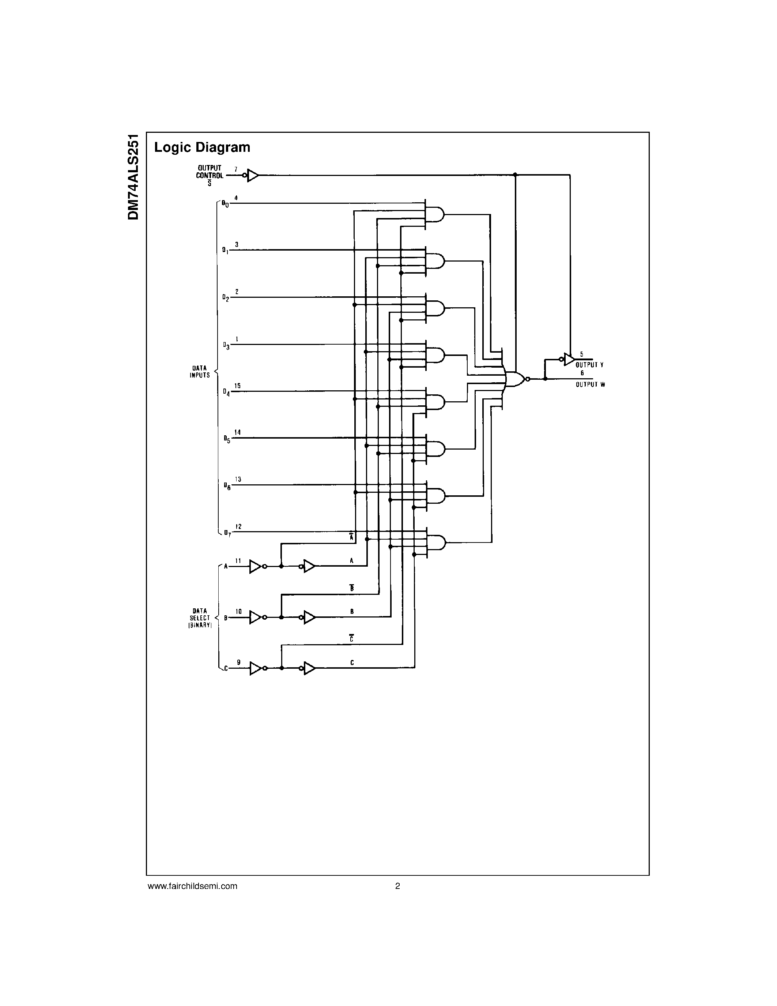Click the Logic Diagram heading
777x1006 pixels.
click(x=202, y=147)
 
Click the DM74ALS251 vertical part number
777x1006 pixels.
click(x=133, y=177)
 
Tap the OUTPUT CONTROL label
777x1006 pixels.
click(x=210, y=172)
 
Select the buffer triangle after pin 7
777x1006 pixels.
click(x=252, y=175)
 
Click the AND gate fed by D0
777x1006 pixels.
click(x=435, y=214)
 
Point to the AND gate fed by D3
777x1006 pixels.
click(x=435, y=355)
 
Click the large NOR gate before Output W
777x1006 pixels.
click(x=514, y=379)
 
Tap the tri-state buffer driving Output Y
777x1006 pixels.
click(x=569, y=359)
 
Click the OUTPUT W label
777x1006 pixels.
click(x=590, y=384)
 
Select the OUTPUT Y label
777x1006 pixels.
click(x=589, y=365)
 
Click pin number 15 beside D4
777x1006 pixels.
click(x=237, y=386)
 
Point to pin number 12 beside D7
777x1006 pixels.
click(x=238, y=526)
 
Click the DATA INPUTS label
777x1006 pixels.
click(x=200, y=372)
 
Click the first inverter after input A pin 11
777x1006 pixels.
click(x=256, y=567)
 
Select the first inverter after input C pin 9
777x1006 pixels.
click(x=256, y=668)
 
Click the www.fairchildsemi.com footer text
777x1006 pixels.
click(x=192, y=886)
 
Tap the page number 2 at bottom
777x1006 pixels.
click(x=398, y=886)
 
